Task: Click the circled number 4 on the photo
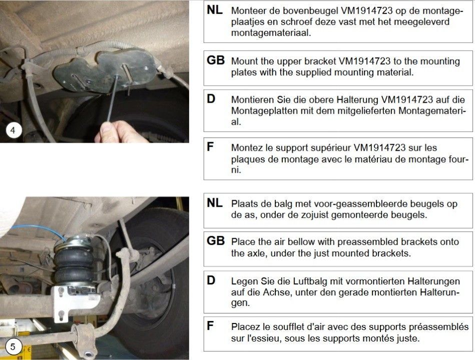(x=13, y=131)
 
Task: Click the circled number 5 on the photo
(x=13, y=346)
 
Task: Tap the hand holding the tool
(x=119, y=132)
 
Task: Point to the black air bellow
(x=74, y=261)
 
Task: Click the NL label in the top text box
(x=215, y=10)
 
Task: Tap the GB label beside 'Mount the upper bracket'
(x=215, y=60)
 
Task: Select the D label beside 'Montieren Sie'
(x=211, y=99)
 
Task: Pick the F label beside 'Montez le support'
(x=210, y=147)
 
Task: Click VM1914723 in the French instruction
(x=379, y=148)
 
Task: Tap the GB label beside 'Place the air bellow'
(x=215, y=241)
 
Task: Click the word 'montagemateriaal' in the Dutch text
(x=271, y=33)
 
